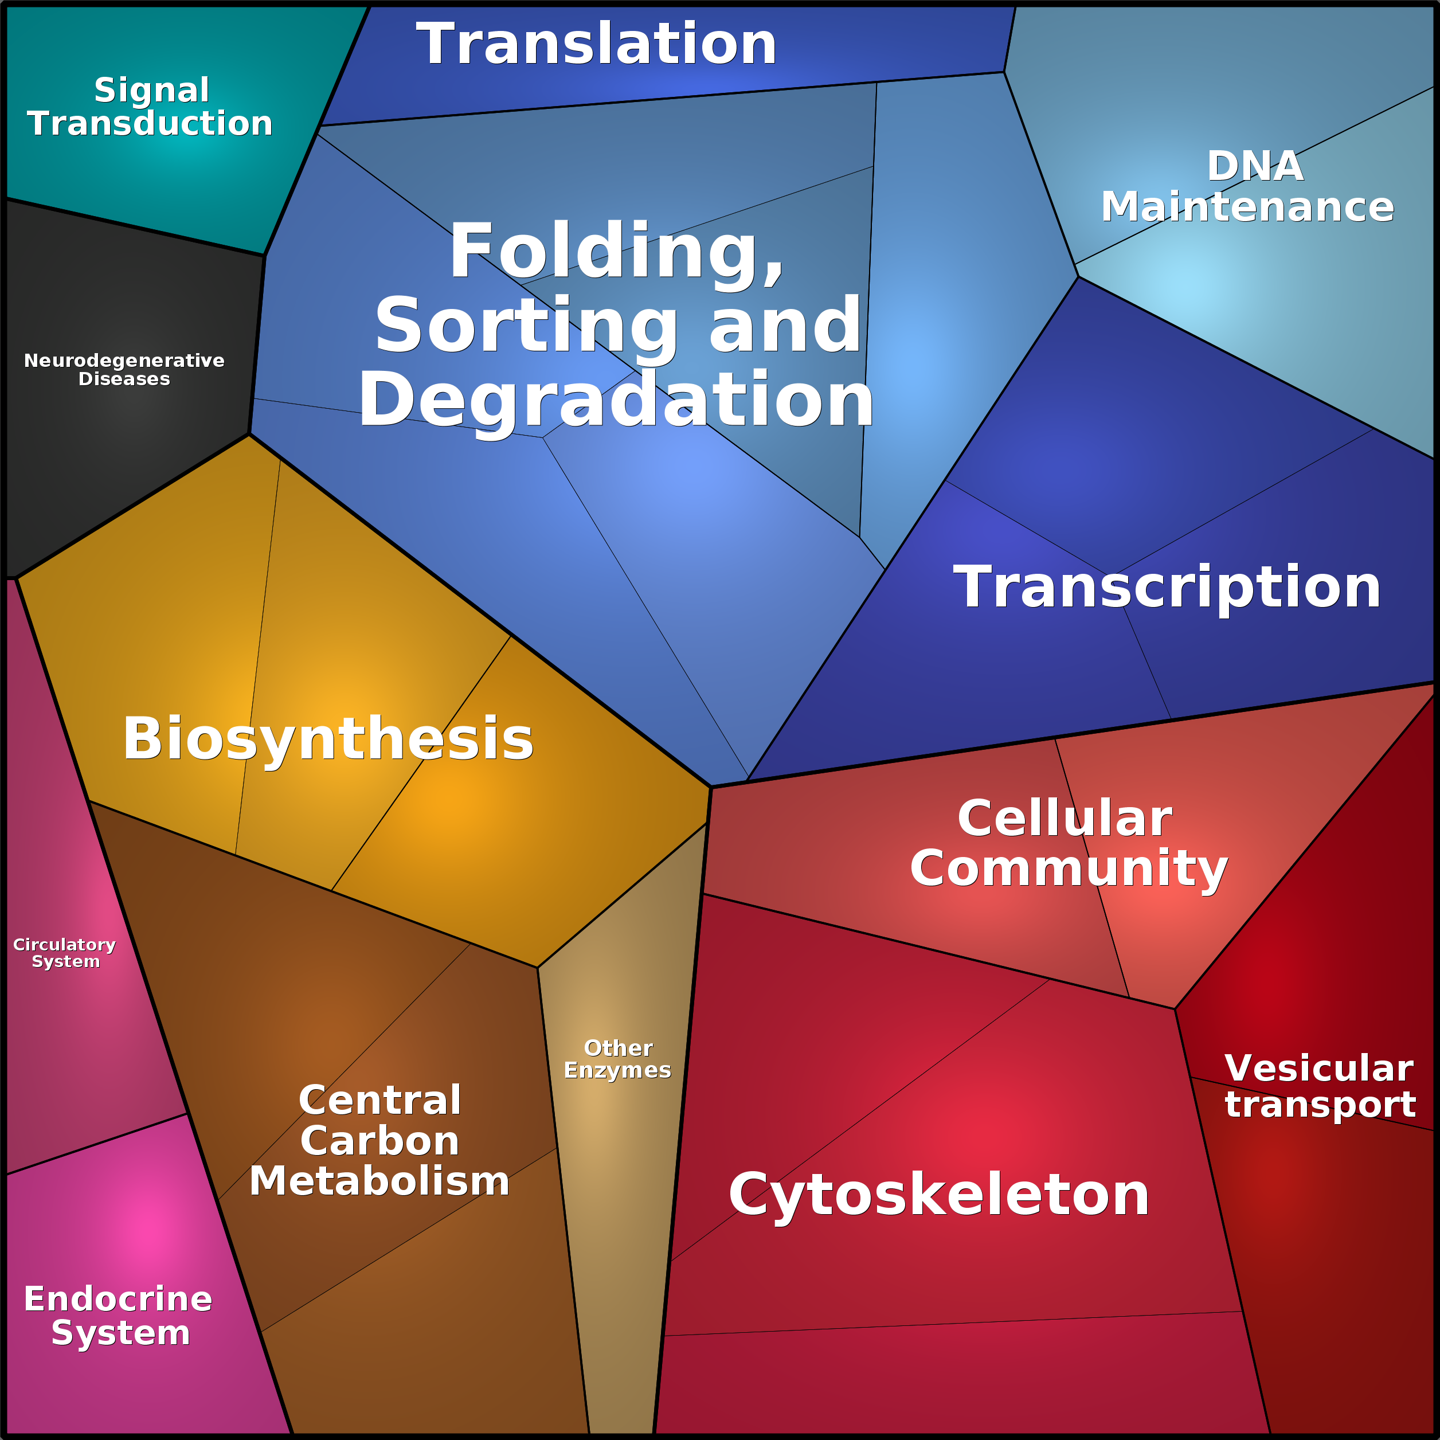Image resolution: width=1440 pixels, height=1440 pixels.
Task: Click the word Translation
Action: click(x=596, y=45)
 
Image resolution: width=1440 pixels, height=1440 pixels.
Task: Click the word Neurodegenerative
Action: click(x=124, y=361)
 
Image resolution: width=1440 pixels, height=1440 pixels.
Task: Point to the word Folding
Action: click(x=616, y=252)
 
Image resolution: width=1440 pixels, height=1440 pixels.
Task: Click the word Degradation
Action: click(x=616, y=401)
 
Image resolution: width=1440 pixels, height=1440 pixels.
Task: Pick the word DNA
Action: click(x=1255, y=166)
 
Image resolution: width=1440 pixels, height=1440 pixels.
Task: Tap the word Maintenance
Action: click(x=1247, y=207)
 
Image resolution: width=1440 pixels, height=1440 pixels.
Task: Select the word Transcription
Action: click(x=1167, y=588)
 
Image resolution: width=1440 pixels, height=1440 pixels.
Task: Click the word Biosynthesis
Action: click(x=328, y=739)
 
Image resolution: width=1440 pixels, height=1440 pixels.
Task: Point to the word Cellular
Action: click(x=1065, y=819)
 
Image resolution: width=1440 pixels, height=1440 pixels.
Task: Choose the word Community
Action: click(x=1068, y=868)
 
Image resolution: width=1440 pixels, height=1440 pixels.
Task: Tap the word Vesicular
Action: click(x=1318, y=1068)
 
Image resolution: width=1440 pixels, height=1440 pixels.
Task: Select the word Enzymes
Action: click(x=617, y=1070)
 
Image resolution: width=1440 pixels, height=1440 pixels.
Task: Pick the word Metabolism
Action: click(x=379, y=1181)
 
